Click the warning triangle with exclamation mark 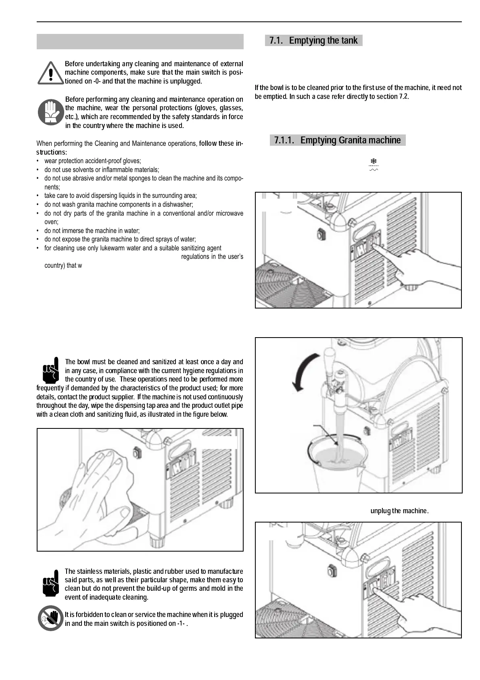(50, 73)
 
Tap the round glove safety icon (51, 112)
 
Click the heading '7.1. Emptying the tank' (313, 40)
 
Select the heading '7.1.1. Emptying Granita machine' (337, 140)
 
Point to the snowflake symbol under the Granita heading (374, 162)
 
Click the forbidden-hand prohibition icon (50, 618)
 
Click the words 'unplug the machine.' (399, 511)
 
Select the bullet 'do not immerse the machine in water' (92, 231)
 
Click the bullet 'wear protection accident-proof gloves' (92, 161)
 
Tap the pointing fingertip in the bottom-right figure (375, 591)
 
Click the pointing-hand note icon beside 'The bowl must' (50, 370)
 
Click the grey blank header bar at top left (140, 42)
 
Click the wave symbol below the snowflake (374, 170)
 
